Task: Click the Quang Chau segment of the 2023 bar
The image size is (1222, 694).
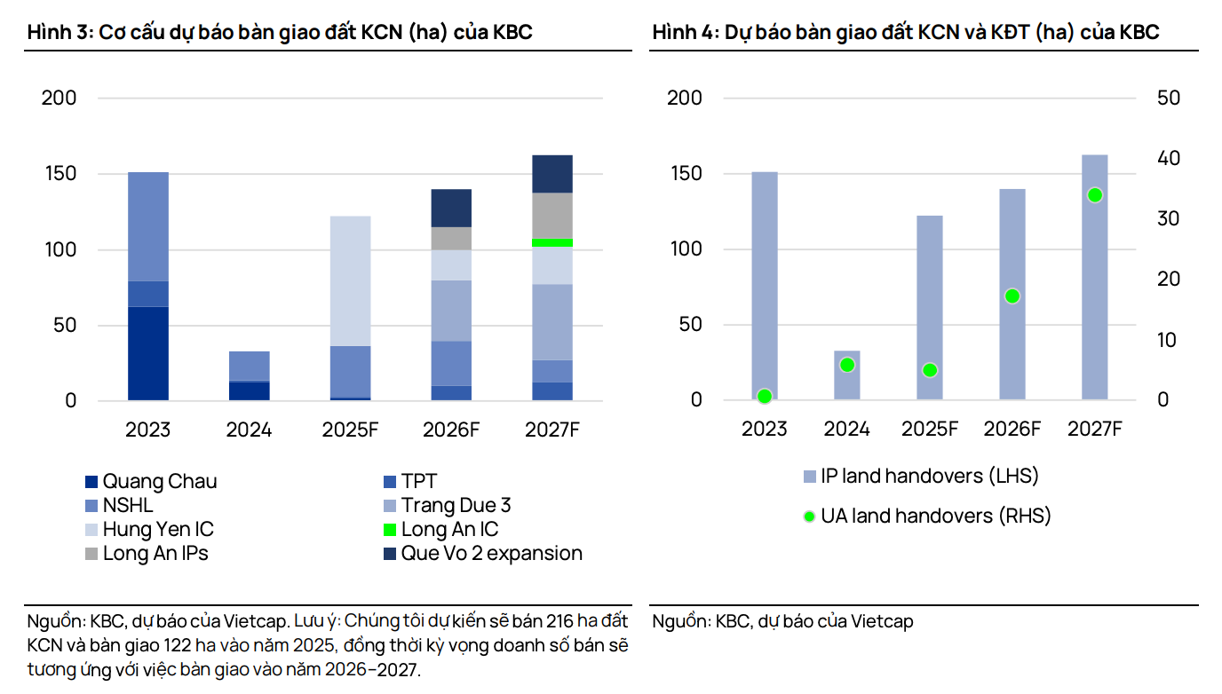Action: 148,353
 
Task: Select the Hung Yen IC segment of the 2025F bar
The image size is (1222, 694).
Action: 350,280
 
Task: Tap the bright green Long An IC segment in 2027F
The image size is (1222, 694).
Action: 551,242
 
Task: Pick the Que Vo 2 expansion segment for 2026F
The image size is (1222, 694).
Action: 451,208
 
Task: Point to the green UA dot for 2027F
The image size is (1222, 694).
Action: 1095,195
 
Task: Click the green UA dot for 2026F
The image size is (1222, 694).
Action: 1012,296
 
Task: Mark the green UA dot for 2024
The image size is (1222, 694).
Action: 847,365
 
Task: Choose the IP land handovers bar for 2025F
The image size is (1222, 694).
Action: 930,307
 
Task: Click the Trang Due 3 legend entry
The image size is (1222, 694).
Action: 455,506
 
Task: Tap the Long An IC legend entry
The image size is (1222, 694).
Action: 448,530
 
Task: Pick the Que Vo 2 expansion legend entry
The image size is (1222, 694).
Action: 491,554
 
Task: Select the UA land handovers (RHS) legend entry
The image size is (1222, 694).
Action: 934,516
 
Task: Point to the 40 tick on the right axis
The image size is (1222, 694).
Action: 1169,159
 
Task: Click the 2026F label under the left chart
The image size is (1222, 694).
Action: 451,430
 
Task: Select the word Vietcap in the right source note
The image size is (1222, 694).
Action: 881,621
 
